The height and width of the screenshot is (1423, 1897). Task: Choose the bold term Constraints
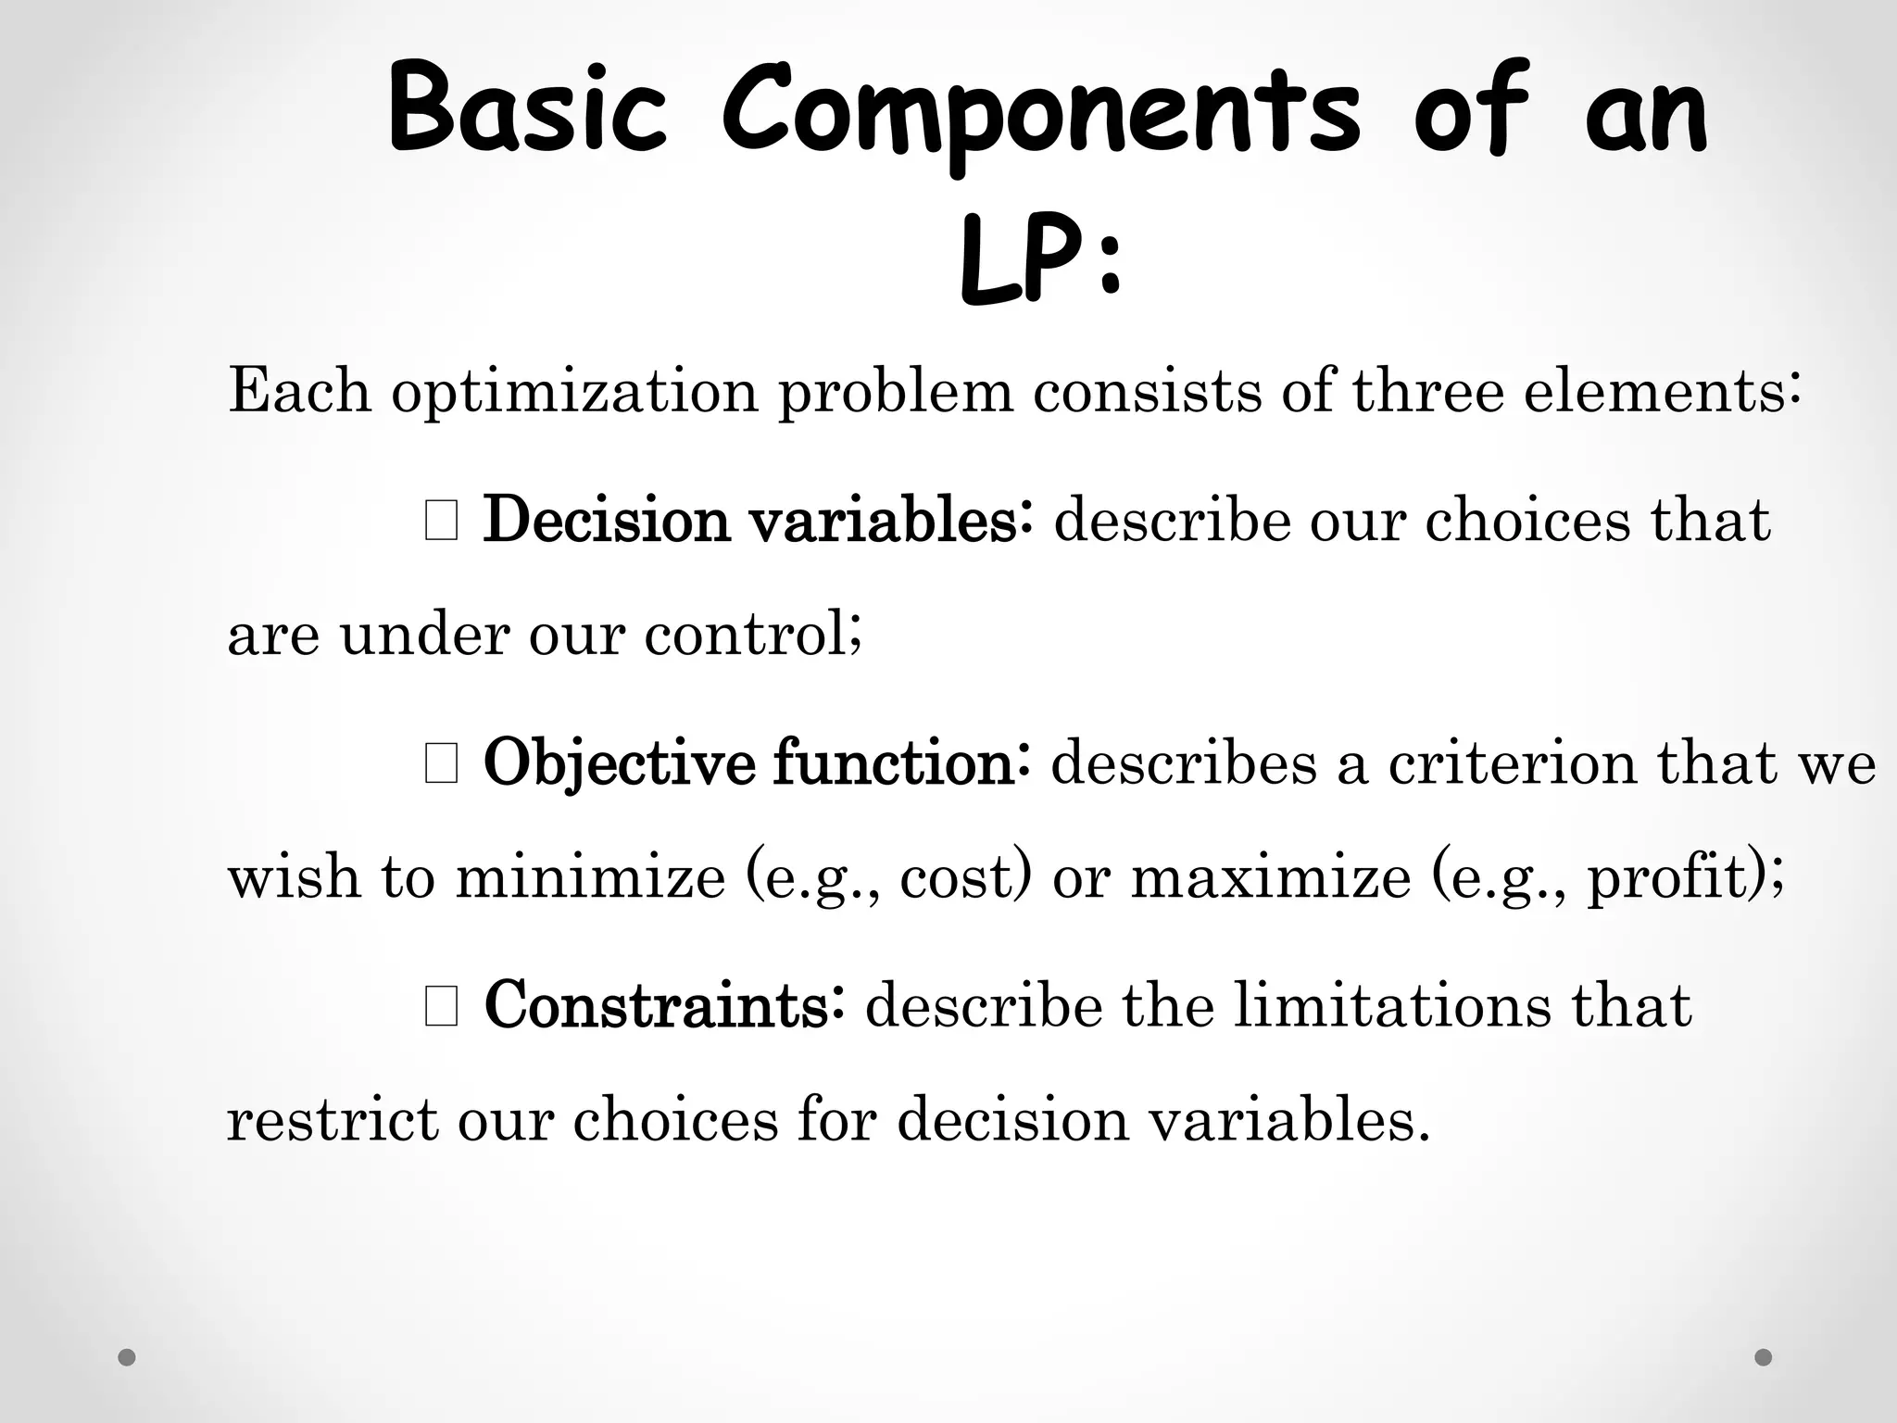pos(657,1006)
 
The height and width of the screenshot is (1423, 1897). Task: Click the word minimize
pos(590,876)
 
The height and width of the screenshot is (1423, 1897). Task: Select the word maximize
pos(1271,876)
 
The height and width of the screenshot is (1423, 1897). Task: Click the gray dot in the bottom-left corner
pos(127,1357)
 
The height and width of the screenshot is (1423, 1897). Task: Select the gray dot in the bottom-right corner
pos(1764,1357)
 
